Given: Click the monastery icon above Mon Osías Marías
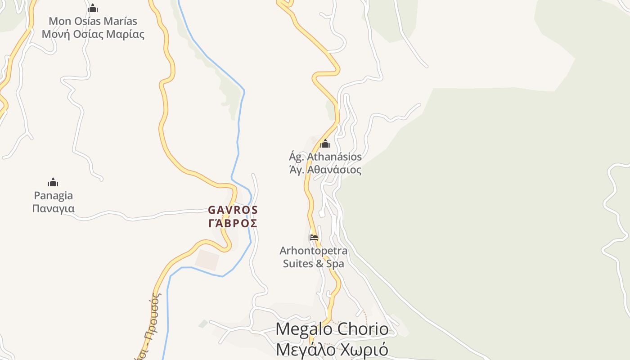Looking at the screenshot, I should click(93, 9).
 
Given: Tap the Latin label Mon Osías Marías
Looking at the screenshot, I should click(93, 21).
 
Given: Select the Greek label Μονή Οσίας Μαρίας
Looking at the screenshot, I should click(93, 34).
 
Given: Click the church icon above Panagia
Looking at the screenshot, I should click(53, 182).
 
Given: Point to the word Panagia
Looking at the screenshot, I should click(53, 196).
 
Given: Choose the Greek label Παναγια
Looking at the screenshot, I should click(53, 209).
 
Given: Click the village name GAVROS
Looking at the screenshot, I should click(233, 210).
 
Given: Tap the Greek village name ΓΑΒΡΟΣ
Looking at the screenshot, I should click(233, 223).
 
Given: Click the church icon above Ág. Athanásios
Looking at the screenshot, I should click(325, 144).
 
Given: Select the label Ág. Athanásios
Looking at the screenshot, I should click(325, 157).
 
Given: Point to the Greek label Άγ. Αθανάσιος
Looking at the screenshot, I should click(325, 170).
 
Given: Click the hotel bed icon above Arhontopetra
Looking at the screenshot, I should click(314, 237).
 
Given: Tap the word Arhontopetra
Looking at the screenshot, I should click(314, 251).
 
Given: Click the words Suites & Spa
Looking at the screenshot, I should click(314, 264).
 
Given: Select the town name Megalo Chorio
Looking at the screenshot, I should click(332, 329).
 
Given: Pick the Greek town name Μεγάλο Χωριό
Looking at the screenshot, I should click(332, 350).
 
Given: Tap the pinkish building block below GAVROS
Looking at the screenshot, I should click(207, 260).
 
